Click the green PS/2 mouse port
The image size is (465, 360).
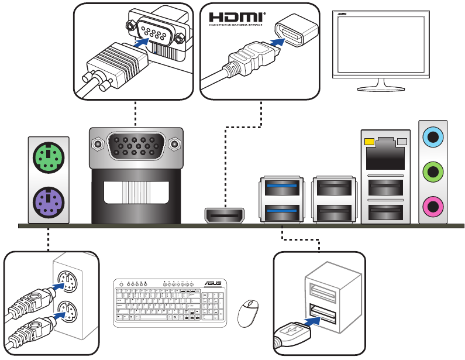(48, 157)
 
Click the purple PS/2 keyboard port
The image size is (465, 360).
(48, 203)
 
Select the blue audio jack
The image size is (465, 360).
(433, 138)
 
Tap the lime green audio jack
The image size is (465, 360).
(433, 172)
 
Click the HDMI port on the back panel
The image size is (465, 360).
(224, 216)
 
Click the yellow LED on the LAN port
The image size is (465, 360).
(368, 142)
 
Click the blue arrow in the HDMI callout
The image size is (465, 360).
(278, 42)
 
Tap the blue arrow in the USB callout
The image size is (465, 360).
(314, 321)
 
